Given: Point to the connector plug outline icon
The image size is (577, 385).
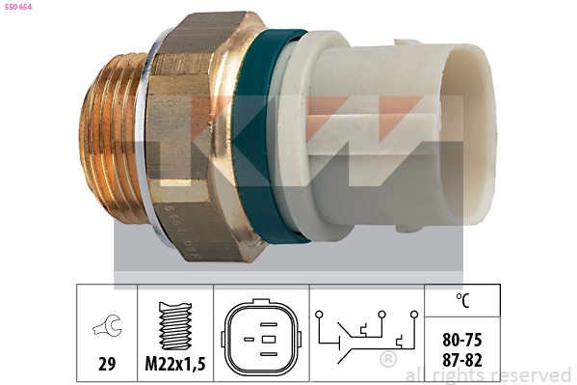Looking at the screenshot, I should pyautogui.click(x=260, y=339).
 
